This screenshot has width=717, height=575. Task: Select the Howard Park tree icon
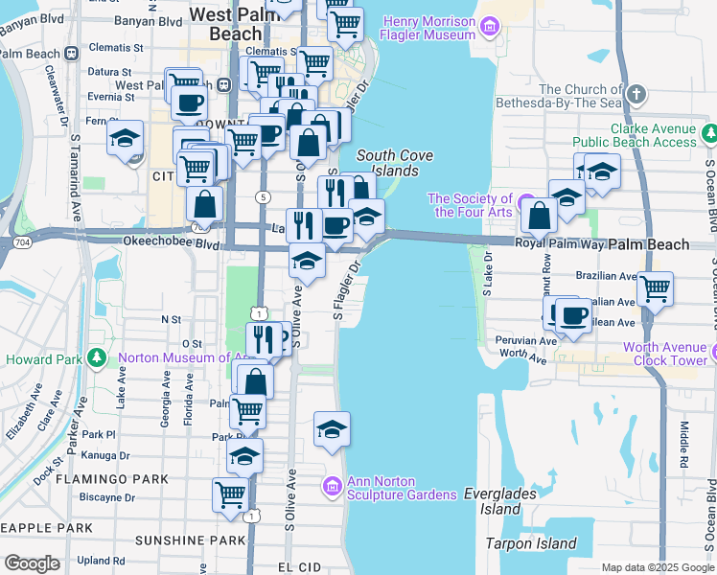pyautogui.click(x=95, y=359)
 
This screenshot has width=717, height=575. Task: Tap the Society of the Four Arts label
pyautogui.click(x=470, y=205)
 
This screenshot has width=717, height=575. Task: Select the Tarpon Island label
pyautogui.click(x=532, y=543)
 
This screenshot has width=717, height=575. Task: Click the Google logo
pyautogui.click(x=32, y=563)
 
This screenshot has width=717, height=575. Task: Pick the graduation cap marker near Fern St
pyautogui.click(x=125, y=138)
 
